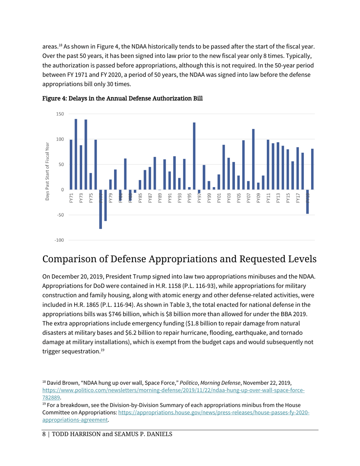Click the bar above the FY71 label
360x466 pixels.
pos(71,165)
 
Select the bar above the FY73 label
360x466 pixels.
pos(81,167)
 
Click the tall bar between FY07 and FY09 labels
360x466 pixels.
pos(253,159)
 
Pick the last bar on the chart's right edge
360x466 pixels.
pos(312,169)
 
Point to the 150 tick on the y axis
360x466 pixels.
pos(60,114)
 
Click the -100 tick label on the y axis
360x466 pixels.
pos(59,240)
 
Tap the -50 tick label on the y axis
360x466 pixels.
pos(60,215)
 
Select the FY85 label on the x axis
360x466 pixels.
pos(140,198)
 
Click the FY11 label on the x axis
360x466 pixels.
pos(268,198)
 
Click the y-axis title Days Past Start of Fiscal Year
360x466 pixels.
pos(47,172)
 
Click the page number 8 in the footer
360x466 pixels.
pos(43,434)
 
